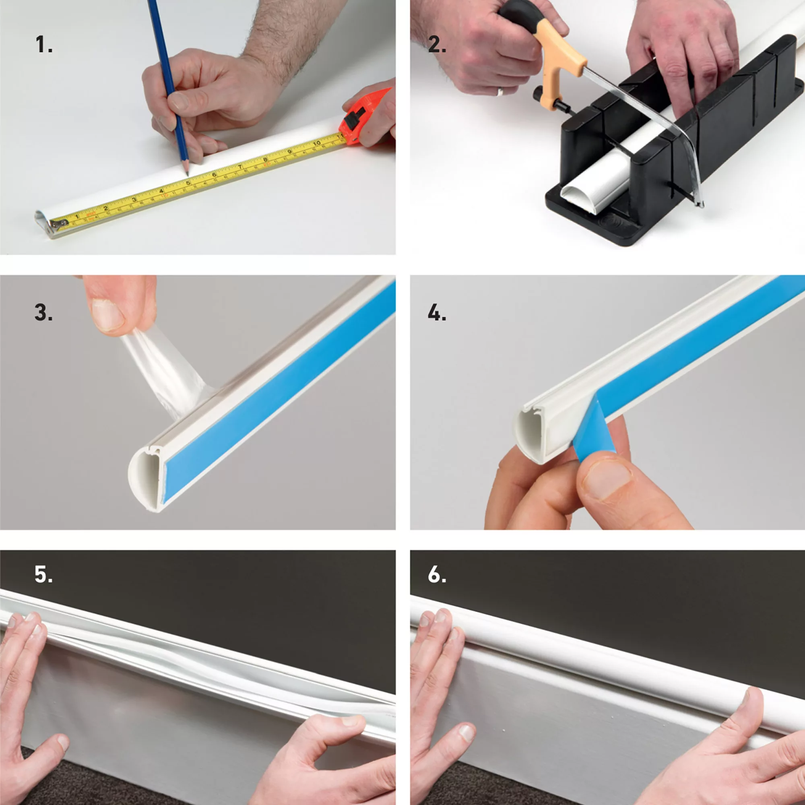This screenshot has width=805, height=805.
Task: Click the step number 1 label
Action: [43, 45]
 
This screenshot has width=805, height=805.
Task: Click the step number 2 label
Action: [437, 45]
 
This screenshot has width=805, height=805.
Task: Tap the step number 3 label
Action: [43, 312]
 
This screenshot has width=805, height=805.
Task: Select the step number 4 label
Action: [437, 312]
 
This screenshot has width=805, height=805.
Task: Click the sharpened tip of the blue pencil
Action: [187, 174]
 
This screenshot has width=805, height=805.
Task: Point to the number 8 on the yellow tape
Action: [265, 159]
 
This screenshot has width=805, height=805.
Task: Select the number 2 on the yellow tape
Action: [105, 208]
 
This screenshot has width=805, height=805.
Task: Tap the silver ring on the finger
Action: [500, 92]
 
